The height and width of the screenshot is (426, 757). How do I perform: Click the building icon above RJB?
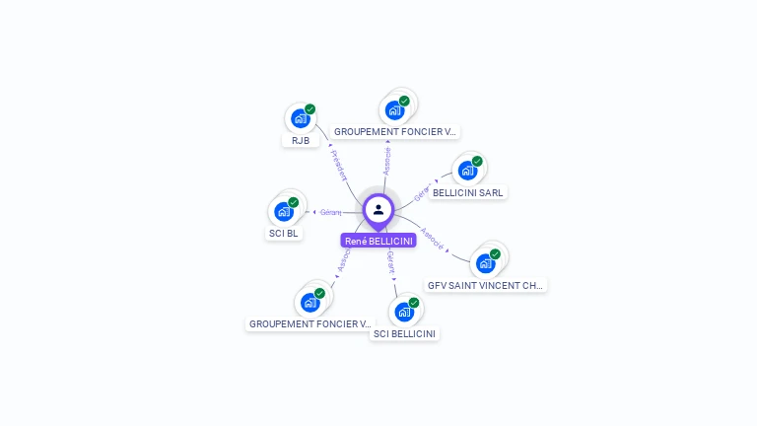coord(300,119)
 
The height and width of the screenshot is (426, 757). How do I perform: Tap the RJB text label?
coord(301,141)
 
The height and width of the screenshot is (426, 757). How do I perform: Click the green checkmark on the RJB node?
coord(310,109)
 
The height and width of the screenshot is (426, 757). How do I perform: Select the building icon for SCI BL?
coord(284,212)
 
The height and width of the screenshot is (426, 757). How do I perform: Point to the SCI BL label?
coord(284,234)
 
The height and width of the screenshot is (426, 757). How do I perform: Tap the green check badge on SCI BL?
coord(293,202)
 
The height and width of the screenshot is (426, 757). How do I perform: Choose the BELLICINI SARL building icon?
coord(467,172)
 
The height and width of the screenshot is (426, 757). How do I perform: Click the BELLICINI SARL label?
coord(467,193)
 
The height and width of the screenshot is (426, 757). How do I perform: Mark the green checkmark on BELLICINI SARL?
coord(477,162)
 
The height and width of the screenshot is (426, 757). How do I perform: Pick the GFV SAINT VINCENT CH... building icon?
coord(485,263)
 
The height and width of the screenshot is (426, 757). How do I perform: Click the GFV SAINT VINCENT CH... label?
coord(485,285)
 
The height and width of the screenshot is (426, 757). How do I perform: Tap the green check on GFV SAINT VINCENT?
coord(495,254)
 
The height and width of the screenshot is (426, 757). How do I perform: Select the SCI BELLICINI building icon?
coord(404,313)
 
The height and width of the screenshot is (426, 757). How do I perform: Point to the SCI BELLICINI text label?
coord(404,334)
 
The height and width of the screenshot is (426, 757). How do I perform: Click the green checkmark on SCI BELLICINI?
coord(414,303)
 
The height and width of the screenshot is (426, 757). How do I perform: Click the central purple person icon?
coord(378,210)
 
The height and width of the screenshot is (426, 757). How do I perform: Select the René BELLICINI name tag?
coord(378,241)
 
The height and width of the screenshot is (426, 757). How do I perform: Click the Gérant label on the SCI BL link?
coord(330,212)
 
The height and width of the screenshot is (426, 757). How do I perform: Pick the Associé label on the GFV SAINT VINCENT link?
coord(432,241)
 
